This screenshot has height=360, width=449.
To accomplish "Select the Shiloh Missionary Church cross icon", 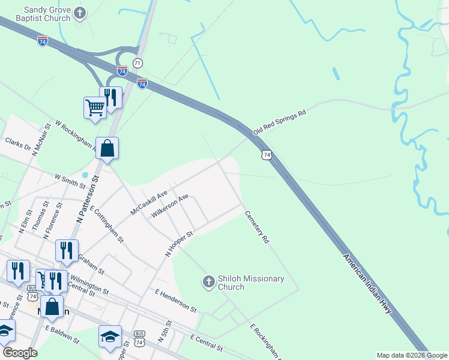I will [208, 281].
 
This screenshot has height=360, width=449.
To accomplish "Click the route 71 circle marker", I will [138, 63].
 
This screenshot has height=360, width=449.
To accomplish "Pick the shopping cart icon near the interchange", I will [95, 108].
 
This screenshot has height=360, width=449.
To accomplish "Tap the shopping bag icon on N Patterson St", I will [106, 148].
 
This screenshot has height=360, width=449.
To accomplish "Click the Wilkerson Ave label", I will [170, 205].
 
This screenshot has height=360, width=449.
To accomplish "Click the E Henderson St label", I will [175, 300].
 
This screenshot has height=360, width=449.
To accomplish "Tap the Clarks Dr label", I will [17, 143].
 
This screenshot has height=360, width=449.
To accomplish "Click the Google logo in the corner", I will [19, 352].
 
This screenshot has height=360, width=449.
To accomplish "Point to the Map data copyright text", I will [412, 355].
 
